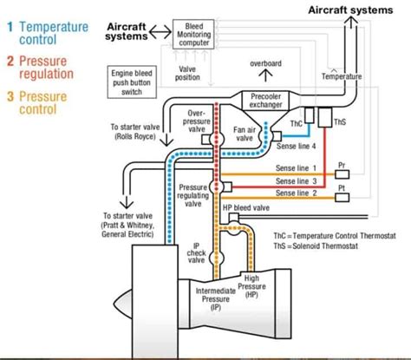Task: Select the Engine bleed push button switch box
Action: click(x=133, y=82)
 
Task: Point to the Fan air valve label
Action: click(x=244, y=133)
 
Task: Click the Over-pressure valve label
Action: click(x=197, y=121)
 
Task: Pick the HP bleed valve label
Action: click(x=246, y=208)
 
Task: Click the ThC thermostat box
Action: click(x=297, y=123)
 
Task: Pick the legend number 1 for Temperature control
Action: click(x=10, y=27)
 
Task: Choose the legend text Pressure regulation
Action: click(x=46, y=68)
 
